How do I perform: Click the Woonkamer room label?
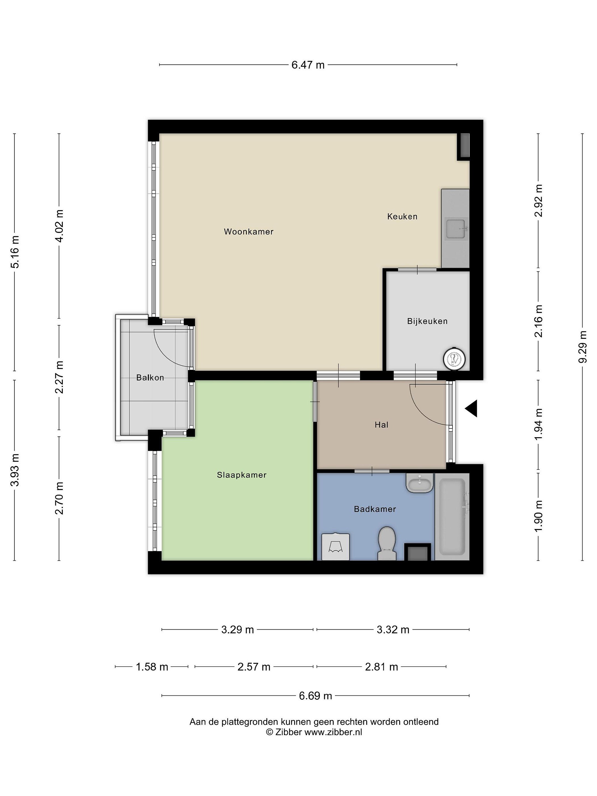click(249, 232)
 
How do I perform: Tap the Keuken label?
click(402, 217)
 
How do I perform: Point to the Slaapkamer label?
click(242, 475)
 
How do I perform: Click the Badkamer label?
click(375, 509)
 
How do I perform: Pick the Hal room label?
click(381, 425)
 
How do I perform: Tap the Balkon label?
click(150, 378)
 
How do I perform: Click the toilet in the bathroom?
click(387, 543)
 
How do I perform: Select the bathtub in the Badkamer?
click(452, 517)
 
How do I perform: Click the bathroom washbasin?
click(420, 483)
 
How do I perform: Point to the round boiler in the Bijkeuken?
click(454, 359)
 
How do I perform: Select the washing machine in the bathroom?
click(335, 547)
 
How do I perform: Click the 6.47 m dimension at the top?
click(308, 65)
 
